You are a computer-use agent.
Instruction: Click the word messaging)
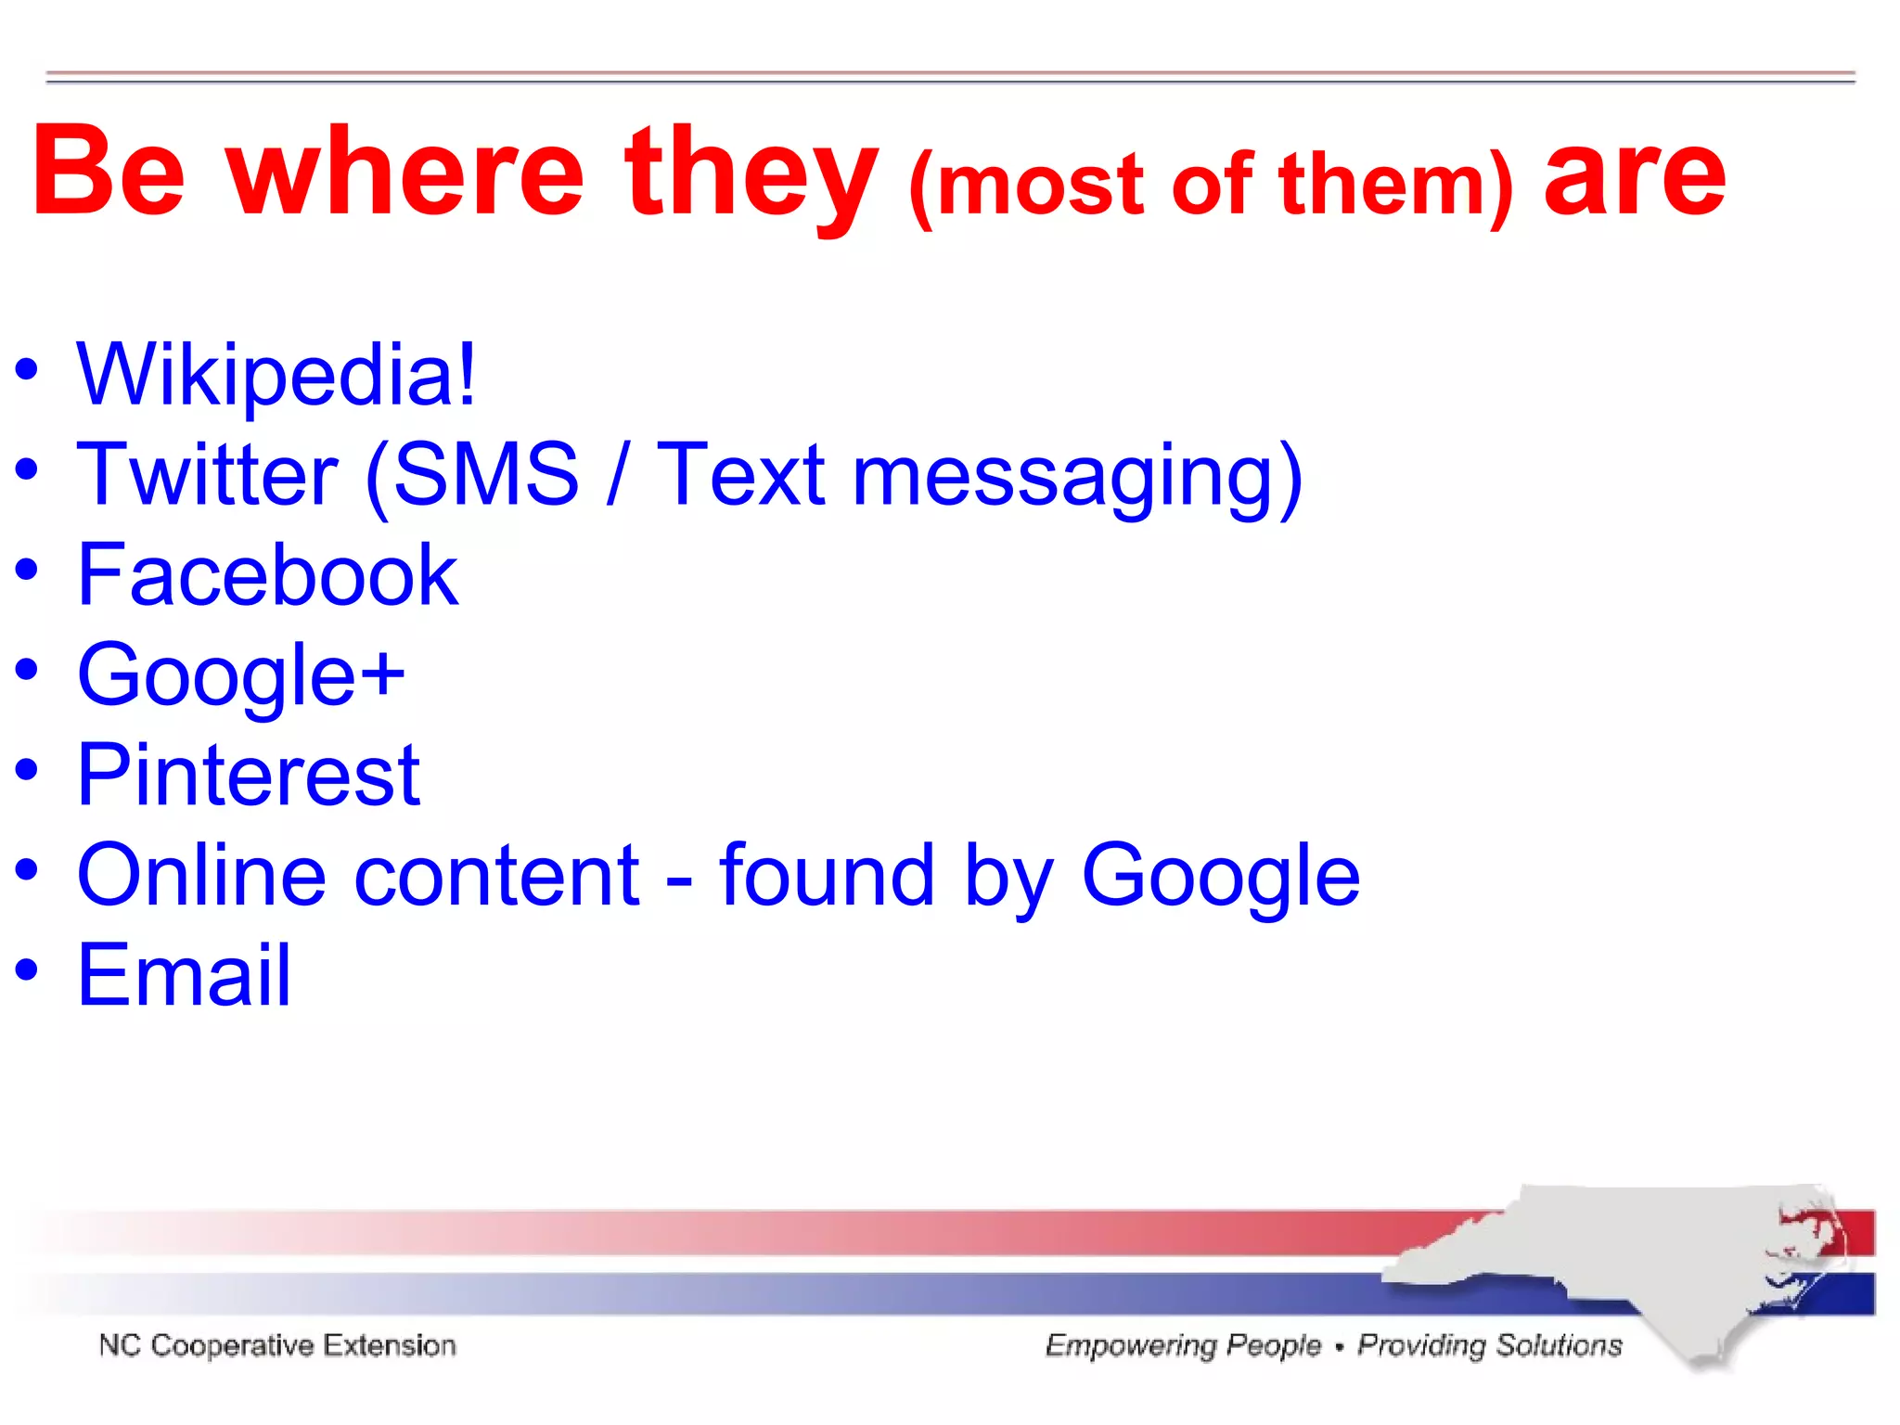1077,476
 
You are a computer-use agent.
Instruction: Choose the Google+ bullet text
241,675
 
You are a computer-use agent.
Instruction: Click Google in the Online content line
1220,876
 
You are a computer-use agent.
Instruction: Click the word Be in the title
109,173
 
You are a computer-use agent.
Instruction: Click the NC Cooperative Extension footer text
277,1345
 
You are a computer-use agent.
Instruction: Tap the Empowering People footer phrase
1183,1345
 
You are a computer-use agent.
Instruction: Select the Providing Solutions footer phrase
1490,1345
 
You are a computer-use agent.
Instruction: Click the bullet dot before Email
27,969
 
